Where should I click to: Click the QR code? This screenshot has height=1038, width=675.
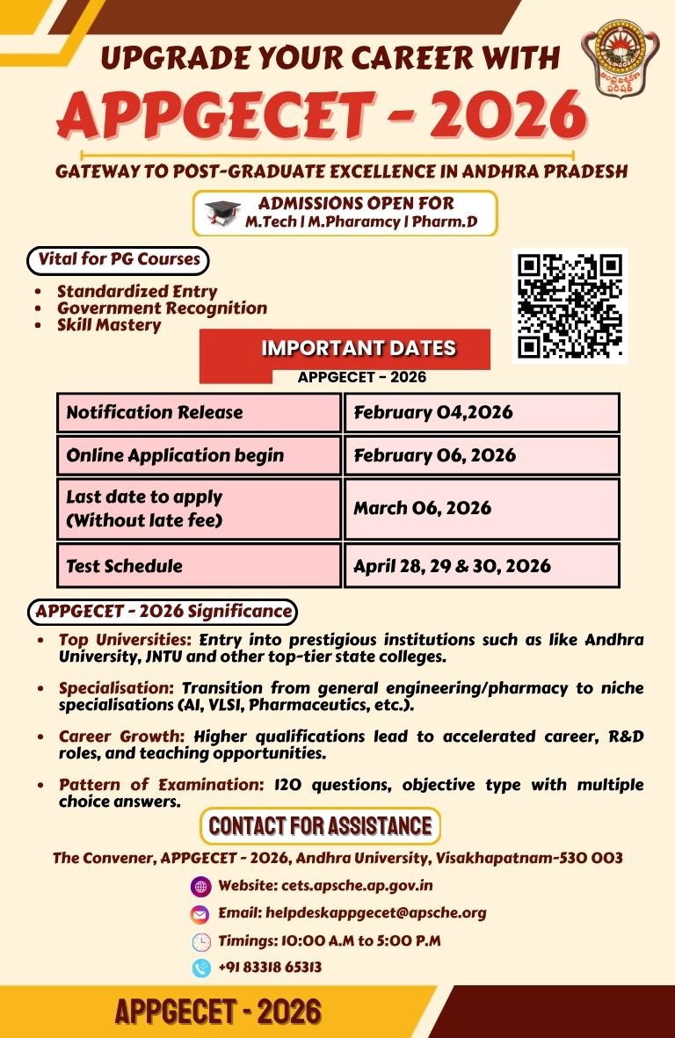570,306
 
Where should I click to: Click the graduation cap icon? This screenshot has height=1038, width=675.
222,214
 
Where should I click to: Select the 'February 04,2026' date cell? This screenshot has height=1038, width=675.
482,412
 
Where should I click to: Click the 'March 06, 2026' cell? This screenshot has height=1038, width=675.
482,508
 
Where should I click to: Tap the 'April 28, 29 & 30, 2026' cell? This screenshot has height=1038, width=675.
482,565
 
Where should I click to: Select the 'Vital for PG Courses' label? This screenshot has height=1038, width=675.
120,259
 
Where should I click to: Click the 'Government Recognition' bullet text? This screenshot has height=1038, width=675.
162,308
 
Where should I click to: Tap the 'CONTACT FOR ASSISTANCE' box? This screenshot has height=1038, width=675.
320,826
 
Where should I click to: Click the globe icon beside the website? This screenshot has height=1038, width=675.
201,886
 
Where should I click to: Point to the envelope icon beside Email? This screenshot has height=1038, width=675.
201,914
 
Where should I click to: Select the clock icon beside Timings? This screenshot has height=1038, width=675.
201,941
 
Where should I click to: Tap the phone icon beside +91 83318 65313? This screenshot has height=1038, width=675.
201,968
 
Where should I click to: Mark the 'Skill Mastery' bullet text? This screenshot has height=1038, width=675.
109,324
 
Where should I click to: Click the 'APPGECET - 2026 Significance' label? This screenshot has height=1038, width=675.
163,610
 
